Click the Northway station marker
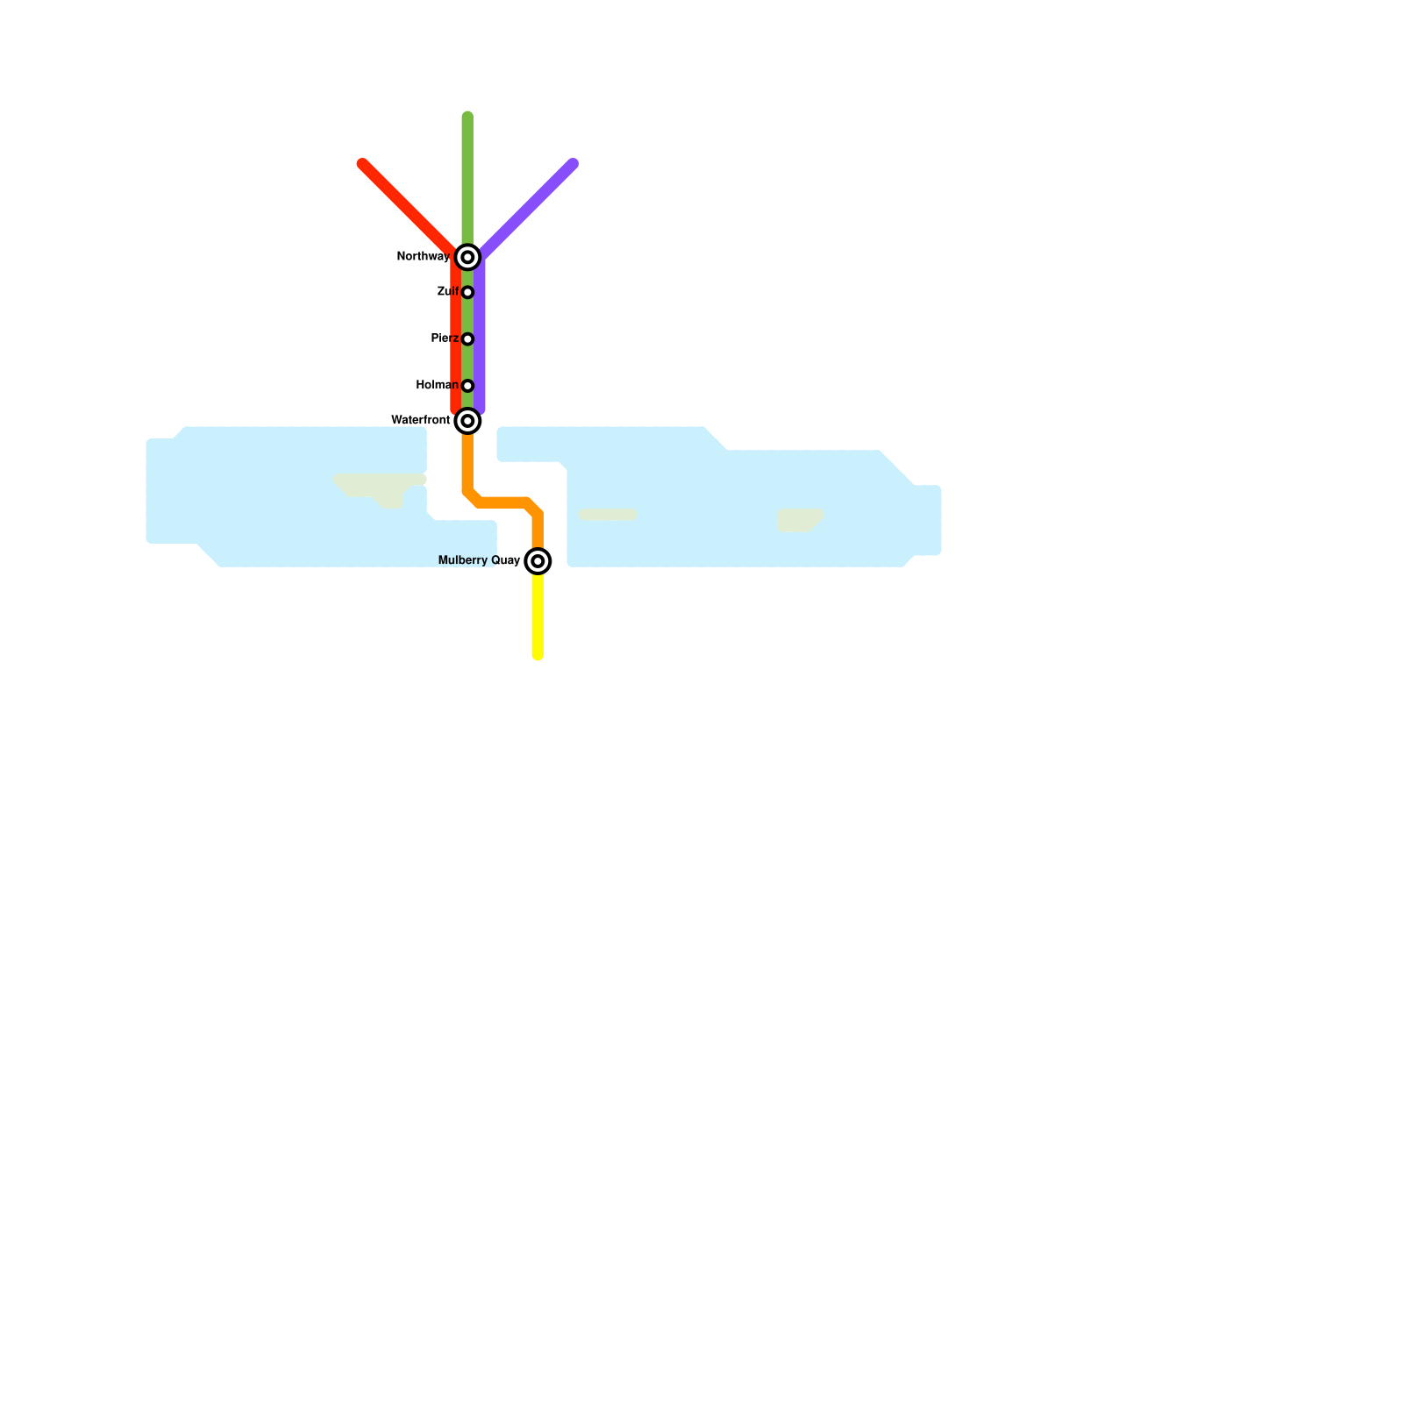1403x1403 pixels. click(x=467, y=257)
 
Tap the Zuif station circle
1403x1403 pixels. click(x=467, y=292)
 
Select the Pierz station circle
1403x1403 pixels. click(x=467, y=339)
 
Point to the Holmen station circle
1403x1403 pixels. click(x=467, y=386)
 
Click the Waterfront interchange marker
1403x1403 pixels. click(x=467, y=421)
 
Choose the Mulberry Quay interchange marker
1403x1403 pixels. click(x=538, y=561)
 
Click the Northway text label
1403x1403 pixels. click(x=423, y=257)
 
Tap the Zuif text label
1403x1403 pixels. click(x=447, y=292)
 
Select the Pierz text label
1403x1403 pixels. click(x=445, y=338)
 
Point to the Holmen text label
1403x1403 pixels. click(x=437, y=386)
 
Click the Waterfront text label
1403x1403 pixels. click(x=420, y=421)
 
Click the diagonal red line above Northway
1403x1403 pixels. click(x=408, y=208)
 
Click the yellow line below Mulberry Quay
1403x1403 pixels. click(x=538, y=614)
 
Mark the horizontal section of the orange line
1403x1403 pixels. click(x=502, y=502)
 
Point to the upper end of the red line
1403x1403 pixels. click(x=362, y=163)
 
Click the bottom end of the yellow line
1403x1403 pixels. click(x=538, y=655)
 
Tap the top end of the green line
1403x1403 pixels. click(x=467, y=116)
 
